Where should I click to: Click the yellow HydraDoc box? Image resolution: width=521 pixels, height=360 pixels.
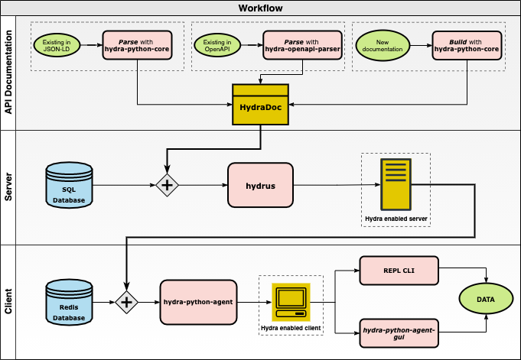pos(261,104)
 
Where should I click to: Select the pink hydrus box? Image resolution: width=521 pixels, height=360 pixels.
pos(260,185)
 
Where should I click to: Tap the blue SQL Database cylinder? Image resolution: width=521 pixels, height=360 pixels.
pos(69,184)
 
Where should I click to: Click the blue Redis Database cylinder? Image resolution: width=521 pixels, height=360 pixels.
pos(69,302)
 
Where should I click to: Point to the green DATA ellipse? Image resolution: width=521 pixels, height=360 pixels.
pos(485,299)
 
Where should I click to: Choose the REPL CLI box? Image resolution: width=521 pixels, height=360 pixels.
pos(398,270)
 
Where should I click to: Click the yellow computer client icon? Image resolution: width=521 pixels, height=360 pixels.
pos(291,301)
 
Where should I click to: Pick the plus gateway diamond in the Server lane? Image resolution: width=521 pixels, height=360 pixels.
pos(168,185)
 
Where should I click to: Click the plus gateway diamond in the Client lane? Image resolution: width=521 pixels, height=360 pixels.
pos(126,303)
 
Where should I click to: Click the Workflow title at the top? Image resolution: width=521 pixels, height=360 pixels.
pos(260,8)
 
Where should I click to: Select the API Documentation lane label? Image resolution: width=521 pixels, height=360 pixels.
pos(8,73)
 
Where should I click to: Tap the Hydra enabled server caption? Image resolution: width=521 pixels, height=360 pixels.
pos(396,219)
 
